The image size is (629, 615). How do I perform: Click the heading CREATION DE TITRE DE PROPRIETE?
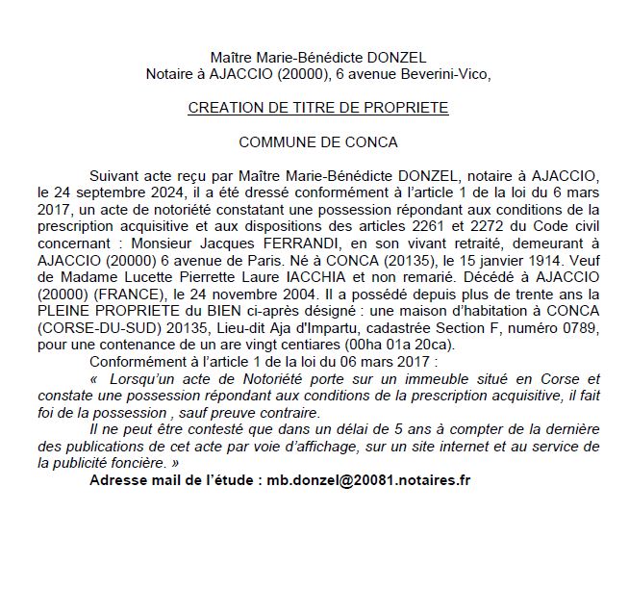point(317,108)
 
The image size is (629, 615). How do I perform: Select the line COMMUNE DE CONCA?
point(317,141)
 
